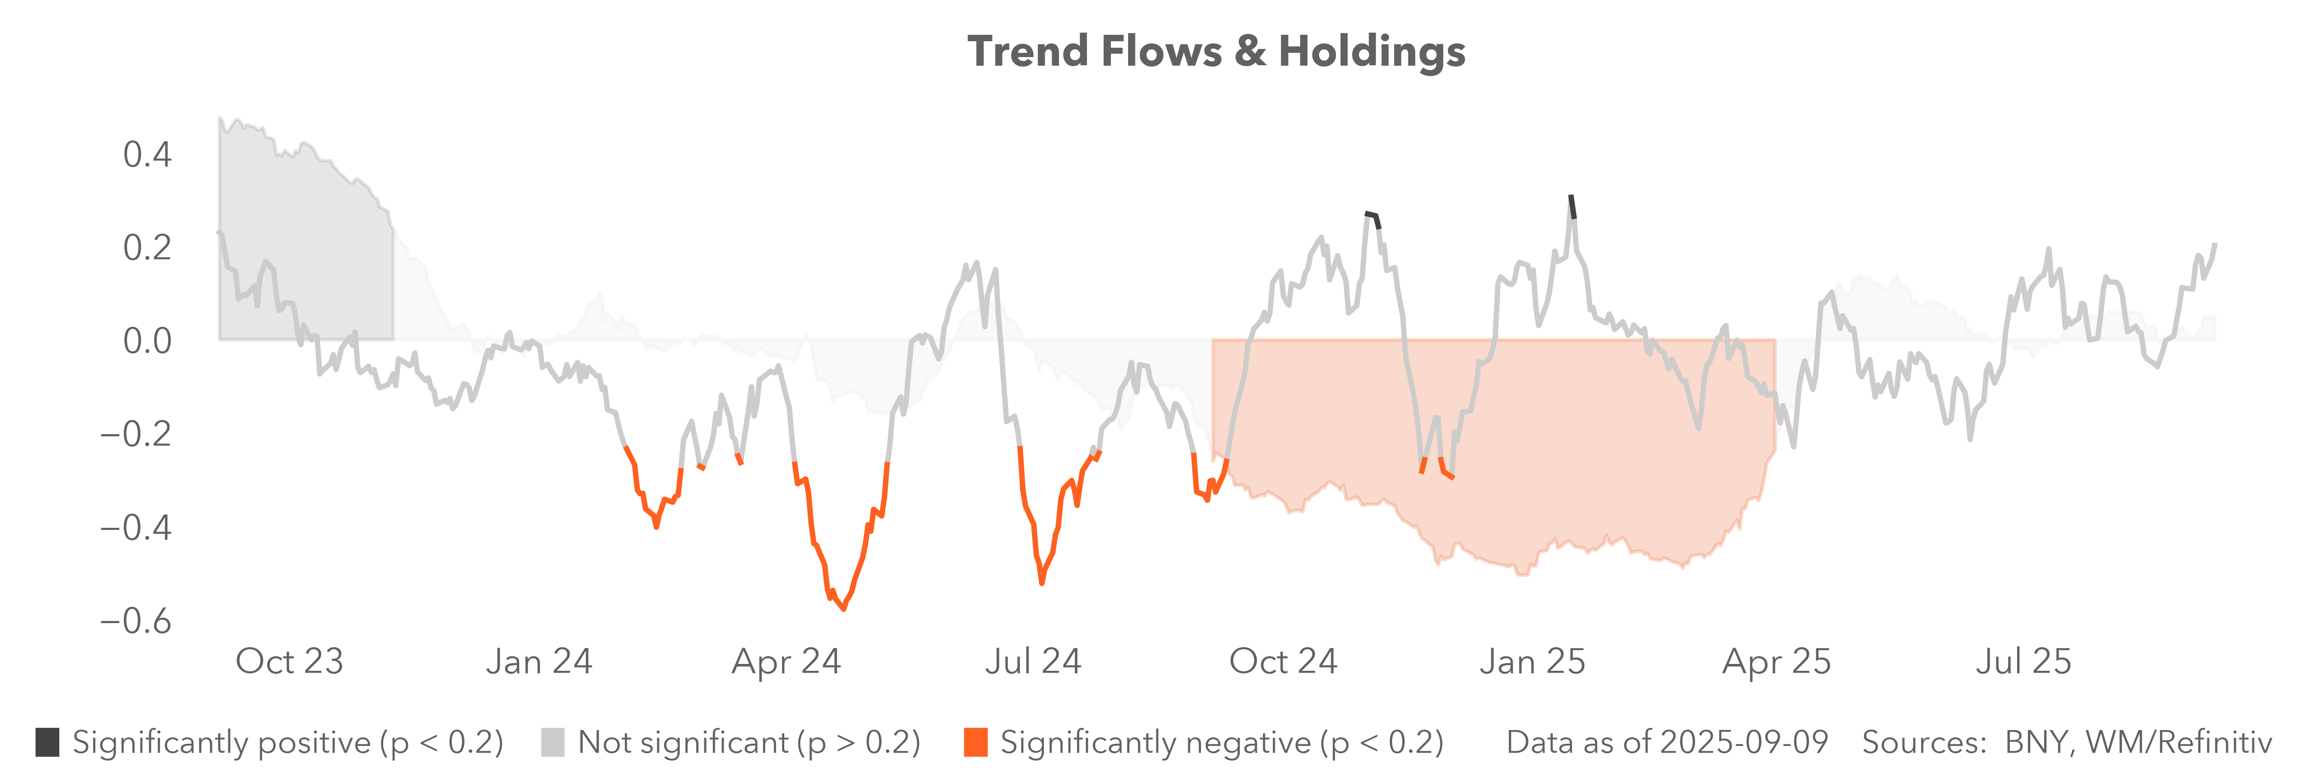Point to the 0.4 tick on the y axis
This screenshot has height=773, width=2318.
pos(147,155)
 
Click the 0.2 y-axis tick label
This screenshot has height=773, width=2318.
pos(147,247)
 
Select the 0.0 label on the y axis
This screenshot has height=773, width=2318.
pos(147,341)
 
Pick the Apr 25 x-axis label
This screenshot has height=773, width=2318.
pos(1776,661)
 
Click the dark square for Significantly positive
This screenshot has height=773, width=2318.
pos(48,743)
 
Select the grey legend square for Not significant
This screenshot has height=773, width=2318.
pos(552,743)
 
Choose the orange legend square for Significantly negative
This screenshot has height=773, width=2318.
pos(975,743)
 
